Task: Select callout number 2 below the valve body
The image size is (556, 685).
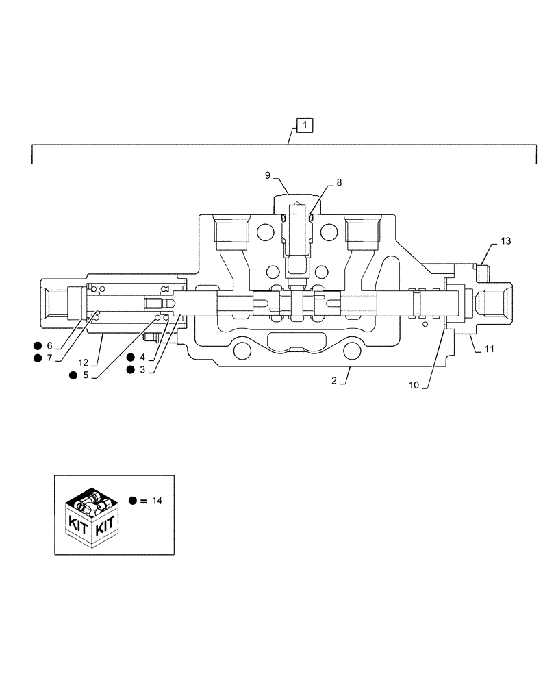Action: click(334, 381)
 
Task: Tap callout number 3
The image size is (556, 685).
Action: click(142, 370)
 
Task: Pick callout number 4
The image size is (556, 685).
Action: click(142, 357)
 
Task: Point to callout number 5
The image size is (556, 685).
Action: click(85, 375)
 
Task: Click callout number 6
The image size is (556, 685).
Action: click(49, 345)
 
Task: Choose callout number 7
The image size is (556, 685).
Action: click(49, 358)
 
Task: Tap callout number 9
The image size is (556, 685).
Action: click(269, 176)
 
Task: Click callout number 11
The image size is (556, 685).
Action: click(489, 349)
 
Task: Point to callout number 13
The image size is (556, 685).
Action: click(505, 241)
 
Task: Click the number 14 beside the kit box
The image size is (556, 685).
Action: click(157, 501)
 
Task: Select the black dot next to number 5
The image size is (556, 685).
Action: click(73, 375)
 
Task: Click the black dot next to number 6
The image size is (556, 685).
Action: click(37, 345)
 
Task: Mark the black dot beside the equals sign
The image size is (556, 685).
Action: click(132, 501)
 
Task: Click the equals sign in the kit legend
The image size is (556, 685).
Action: click(143, 501)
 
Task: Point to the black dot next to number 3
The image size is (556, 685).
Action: click(130, 370)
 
